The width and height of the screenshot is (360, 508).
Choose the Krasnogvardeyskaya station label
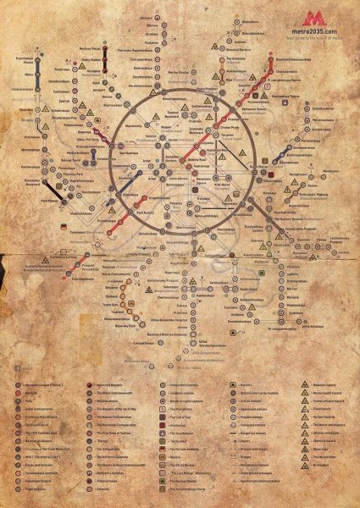[x=315, y=323]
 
